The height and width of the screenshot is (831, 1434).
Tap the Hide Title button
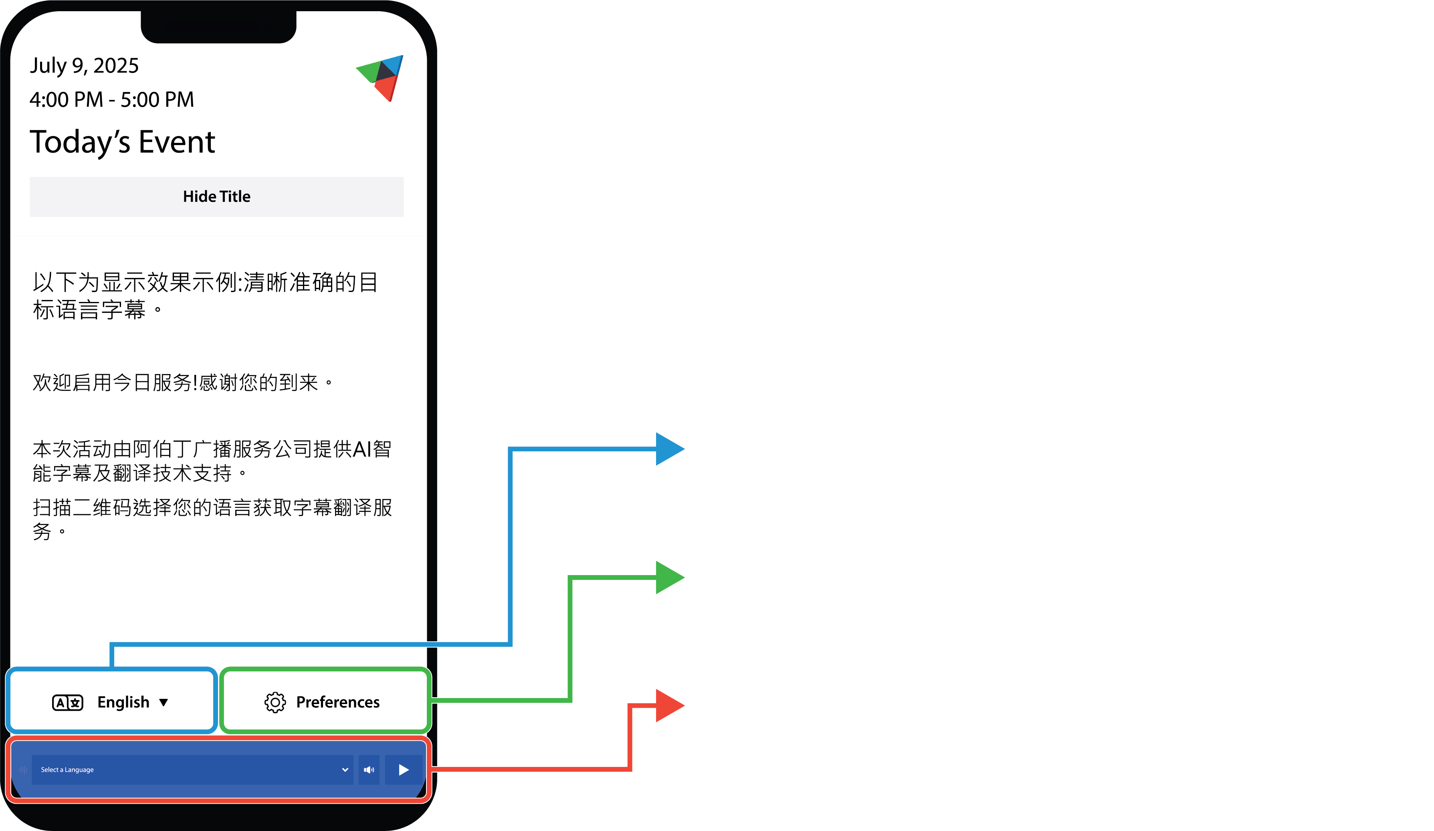pyautogui.click(x=216, y=196)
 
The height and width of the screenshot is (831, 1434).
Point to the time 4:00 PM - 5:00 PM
pyautogui.click(x=111, y=100)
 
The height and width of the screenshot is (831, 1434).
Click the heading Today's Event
pyautogui.click(x=122, y=142)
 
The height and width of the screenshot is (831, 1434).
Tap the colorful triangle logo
pyautogui.click(x=380, y=78)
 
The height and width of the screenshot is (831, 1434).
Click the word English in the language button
pyautogui.click(x=123, y=702)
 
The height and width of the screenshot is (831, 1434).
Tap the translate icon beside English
pyautogui.click(x=68, y=702)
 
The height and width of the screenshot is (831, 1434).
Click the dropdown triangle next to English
pyautogui.click(x=164, y=702)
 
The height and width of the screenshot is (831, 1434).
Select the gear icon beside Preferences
pyautogui.click(x=275, y=702)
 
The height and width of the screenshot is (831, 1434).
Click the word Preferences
pyautogui.click(x=338, y=702)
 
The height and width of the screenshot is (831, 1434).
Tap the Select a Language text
pyautogui.click(x=67, y=770)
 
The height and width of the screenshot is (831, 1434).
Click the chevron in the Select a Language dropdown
pyautogui.click(x=345, y=770)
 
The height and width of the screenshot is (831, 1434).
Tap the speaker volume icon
pyautogui.click(x=369, y=770)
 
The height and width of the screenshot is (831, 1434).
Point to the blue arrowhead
pyautogui.click(x=669, y=449)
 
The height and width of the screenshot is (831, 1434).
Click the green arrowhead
pyautogui.click(x=669, y=577)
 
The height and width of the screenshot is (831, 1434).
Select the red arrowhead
pyautogui.click(x=669, y=705)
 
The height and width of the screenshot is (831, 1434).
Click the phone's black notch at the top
pyautogui.click(x=218, y=26)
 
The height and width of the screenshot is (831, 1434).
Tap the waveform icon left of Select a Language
pyautogui.click(x=23, y=770)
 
